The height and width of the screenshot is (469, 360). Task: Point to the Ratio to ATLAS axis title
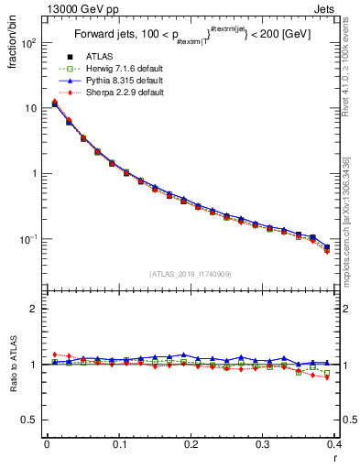coord(13,364)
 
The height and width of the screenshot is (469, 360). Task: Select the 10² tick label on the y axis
coord(29,43)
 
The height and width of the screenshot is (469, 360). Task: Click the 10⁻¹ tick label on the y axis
coord(29,239)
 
